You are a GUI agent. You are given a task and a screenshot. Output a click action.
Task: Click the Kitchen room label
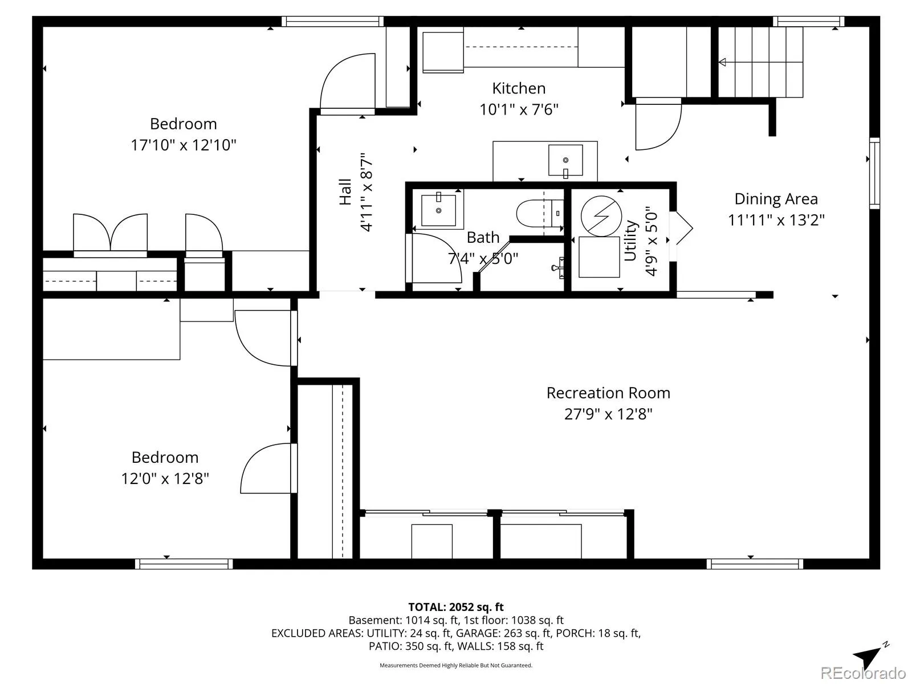click(x=519, y=88)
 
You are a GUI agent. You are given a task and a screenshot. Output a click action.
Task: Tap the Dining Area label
click(x=776, y=199)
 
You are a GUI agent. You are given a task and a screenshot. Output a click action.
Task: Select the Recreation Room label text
click(x=608, y=393)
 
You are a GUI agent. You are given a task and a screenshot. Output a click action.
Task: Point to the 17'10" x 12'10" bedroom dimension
click(x=184, y=145)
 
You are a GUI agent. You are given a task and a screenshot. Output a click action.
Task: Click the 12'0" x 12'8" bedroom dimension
click(x=165, y=478)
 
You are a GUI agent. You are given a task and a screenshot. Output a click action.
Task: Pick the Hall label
click(x=345, y=192)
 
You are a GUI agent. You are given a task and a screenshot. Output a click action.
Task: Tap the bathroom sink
click(x=438, y=210)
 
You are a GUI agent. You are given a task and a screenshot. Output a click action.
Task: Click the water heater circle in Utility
click(x=601, y=217)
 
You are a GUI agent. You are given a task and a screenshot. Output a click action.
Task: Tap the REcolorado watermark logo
click(x=864, y=672)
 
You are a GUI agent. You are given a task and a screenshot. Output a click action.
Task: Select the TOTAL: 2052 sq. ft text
click(x=456, y=607)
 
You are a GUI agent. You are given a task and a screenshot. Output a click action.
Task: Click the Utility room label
click(x=631, y=241)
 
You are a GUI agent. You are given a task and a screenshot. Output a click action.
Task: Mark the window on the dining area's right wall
click(x=874, y=173)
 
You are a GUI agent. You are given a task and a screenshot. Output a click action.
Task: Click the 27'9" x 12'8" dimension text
click(x=608, y=414)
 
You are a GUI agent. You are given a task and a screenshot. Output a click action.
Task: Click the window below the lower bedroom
click(x=184, y=564)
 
